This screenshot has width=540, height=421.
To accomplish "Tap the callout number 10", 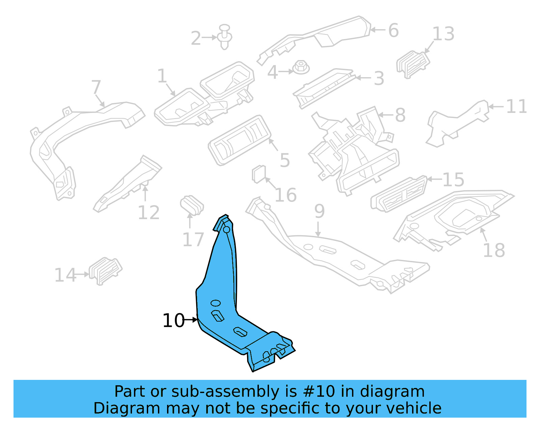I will pyautogui.click(x=173, y=321).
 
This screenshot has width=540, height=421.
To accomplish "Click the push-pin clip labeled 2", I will pyautogui.click(x=225, y=36).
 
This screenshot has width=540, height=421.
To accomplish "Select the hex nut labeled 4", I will pyautogui.click(x=301, y=68).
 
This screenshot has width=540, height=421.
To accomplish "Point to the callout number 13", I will pyautogui.click(x=443, y=34).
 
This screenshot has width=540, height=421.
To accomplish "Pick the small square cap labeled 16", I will pyautogui.click(x=259, y=174).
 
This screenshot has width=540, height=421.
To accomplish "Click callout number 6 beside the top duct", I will pyautogui.click(x=394, y=30).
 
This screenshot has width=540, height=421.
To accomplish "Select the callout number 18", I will pyautogui.click(x=494, y=250).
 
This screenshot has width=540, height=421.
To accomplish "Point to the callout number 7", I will pyautogui.click(x=96, y=87).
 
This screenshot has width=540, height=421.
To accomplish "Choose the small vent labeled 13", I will pyautogui.click(x=413, y=64).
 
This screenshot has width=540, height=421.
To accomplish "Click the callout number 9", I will pyautogui.click(x=319, y=211).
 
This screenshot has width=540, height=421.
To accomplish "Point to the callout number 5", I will pyautogui.click(x=285, y=160).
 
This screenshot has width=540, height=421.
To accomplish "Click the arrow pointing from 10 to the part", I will pyautogui.click(x=191, y=320).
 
